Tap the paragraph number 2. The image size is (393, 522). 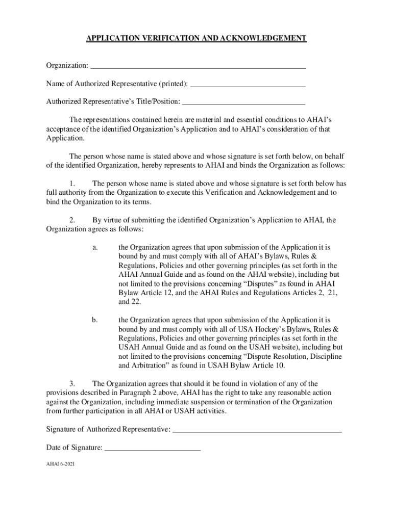pyautogui.click(x=72, y=220)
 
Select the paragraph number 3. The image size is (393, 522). pyautogui.click(x=72, y=384)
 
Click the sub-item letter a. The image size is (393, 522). pyautogui.click(x=95, y=247)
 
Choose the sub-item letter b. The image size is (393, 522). pyautogui.click(x=95, y=320)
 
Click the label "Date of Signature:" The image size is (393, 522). pyautogui.click(x=74, y=448)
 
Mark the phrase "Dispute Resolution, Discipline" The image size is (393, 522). pyautogui.click(x=293, y=356)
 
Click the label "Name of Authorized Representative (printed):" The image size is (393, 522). pyautogui.click(x=117, y=84)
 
